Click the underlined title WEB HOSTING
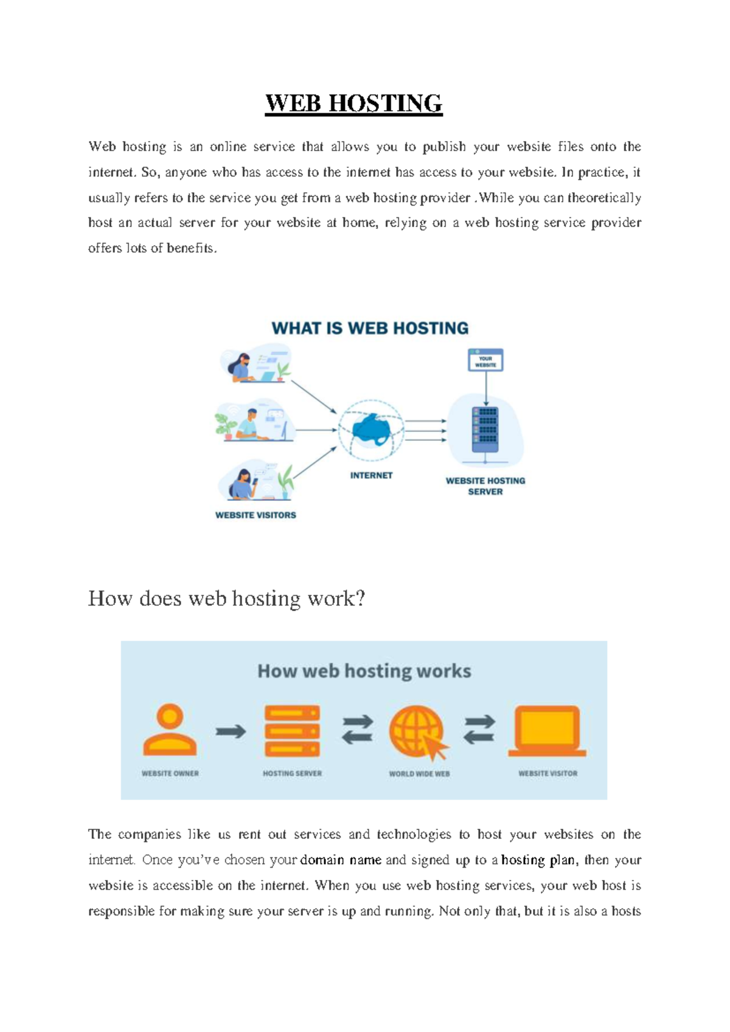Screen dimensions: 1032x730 [353, 103]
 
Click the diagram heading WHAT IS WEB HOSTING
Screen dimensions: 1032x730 [370, 329]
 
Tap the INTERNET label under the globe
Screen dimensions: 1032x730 [371, 475]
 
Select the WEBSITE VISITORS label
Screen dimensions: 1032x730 [255, 515]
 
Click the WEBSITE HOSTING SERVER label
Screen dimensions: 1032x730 [485, 486]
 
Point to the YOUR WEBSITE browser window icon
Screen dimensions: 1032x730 [485, 360]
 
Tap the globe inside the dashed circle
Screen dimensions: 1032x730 [371, 430]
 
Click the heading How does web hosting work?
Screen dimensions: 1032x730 [226, 599]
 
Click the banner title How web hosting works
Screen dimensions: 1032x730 [364, 671]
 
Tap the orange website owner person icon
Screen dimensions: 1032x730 [170, 730]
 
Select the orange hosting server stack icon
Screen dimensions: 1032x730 [292, 730]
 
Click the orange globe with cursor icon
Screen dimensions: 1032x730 [419, 733]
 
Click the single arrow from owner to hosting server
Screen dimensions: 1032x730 [231, 731]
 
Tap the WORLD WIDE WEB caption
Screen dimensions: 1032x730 [419, 774]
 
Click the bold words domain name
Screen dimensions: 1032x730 [341, 860]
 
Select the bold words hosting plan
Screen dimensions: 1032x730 [538, 860]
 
